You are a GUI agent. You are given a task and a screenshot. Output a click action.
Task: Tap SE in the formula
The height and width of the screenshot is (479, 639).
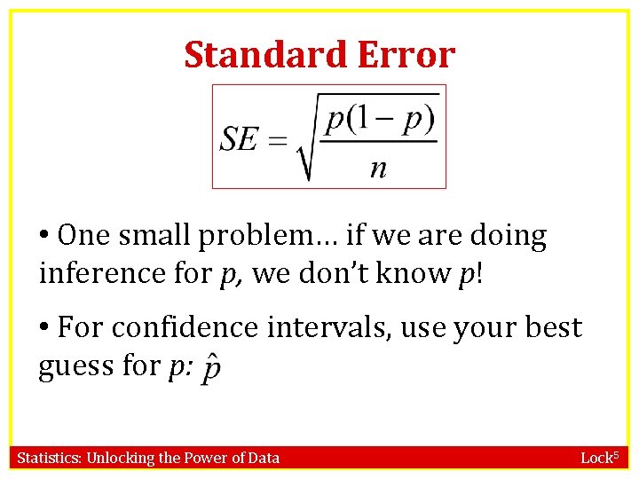tap(240, 139)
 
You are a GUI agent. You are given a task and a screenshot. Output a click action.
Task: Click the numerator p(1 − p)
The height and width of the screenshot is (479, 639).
tap(379, 117)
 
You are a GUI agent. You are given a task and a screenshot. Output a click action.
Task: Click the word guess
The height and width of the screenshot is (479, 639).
tap(70, 366)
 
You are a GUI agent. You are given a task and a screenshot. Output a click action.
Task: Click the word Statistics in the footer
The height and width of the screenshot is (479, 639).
tap(50, 458)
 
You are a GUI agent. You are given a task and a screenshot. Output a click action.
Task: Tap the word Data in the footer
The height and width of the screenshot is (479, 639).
tap(263, 458)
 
